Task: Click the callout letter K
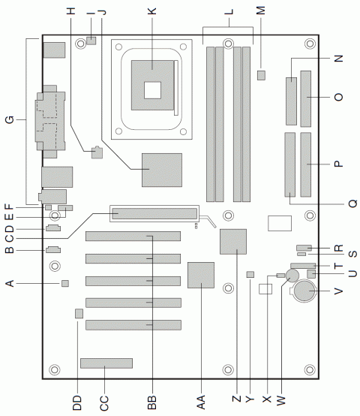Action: coord(152,11)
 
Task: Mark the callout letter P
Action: coord(338,163)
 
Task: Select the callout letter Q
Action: coord(338,203)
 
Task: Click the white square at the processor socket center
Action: coord(152,89)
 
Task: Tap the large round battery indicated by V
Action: coord(307,292)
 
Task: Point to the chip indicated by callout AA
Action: coord(201,275)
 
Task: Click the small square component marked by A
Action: coord(65,283)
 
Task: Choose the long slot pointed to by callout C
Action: coord(154,214)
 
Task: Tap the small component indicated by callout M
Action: coord(261,75)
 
